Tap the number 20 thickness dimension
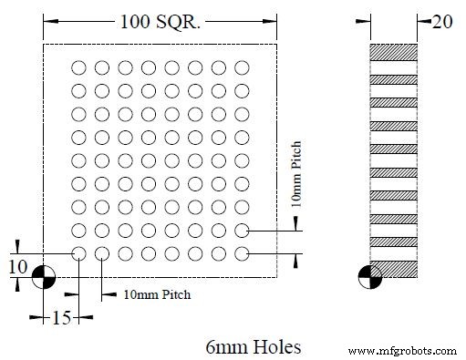442,21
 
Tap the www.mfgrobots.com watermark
402,350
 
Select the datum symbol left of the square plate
43,276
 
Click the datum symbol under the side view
369,276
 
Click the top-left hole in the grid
78,67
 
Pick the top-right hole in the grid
242,67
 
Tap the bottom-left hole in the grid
78,252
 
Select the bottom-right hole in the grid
242,252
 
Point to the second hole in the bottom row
102,252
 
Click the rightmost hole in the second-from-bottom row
242,230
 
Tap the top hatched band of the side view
393,51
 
